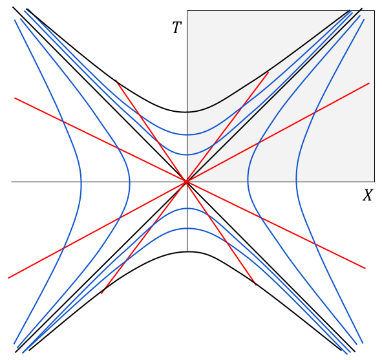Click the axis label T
click(x=177, y=27)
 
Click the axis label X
click(x=368, y=195)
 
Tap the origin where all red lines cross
click(x=187, y=182)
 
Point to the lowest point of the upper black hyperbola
click(x=187, y=112)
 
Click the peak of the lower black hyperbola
click(x=187, y=251)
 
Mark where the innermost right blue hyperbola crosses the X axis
click(x=248, y=182)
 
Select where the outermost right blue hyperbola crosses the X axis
click(x=296, y=182)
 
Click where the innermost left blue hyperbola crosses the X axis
click(x=130, y=182)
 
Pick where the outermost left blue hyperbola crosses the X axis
click(x=81, y=182)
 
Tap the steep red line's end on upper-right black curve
click(x=268, y=72)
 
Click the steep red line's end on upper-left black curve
click(x=116, y=79)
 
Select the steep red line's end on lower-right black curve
click(x=256, y=285)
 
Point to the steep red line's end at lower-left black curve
click(x=101, y=293)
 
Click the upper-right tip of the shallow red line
click(x=369, y=83)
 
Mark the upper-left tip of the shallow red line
click(x=15, y=98)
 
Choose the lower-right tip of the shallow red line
click(x=365, y=268)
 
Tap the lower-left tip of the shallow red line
click(x=8, y=278)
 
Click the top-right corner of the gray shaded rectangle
click(x=374, y=11)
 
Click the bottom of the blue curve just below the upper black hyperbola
click(x=187, y=134)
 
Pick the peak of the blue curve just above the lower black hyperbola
click(x=187, y=228)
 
